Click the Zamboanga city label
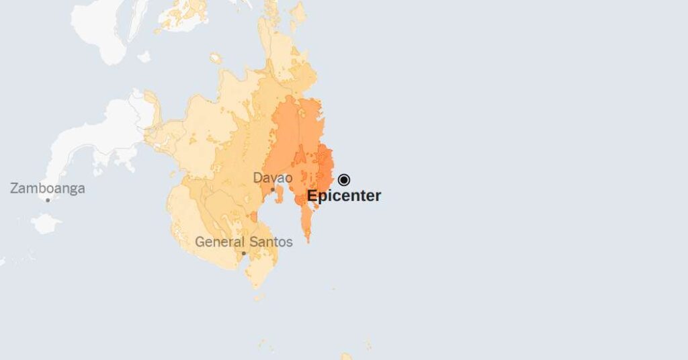point(47,189)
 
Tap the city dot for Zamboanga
point(48,199)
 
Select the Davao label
point(272,178)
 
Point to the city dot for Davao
point(273,189)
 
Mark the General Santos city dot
point(243,253)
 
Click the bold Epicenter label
point(344,196)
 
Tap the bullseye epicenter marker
point(344,179)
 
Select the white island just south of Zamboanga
point(46,223)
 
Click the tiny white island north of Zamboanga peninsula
point(144,56)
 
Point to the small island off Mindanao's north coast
point(216,58)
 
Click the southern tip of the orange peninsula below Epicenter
point(308,239)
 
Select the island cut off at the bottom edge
point(346,357)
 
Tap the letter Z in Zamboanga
point(14,189)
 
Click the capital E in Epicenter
point(312,196)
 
